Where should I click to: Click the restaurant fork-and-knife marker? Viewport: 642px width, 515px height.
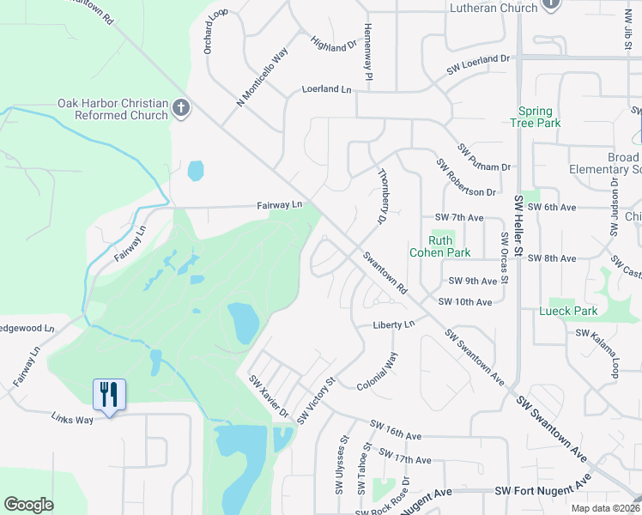109,395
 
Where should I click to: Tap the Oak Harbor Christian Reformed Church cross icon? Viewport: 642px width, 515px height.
180,109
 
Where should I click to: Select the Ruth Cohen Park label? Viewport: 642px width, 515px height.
450,246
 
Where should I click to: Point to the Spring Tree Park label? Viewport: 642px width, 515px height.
540,117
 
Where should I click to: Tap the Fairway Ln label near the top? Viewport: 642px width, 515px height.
280,205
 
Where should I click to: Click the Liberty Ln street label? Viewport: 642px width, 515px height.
393,324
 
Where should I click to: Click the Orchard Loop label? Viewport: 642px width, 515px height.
215,32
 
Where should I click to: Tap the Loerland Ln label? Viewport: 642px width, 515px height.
327,88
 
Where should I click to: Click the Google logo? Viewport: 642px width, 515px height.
29,505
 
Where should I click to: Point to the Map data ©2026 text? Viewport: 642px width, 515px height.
603,507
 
